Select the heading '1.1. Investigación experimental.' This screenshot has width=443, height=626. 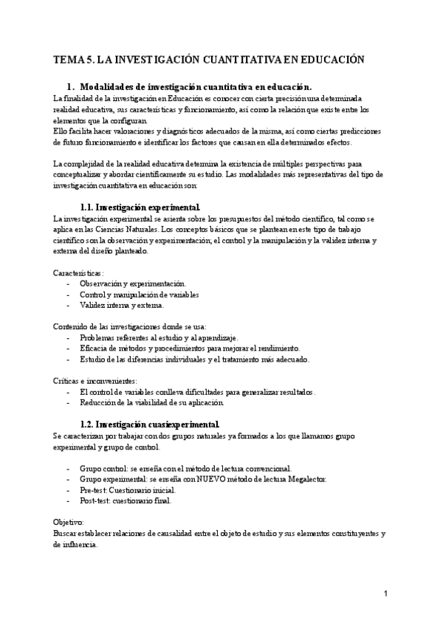(139, 207)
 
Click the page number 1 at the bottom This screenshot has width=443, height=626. (385, 594)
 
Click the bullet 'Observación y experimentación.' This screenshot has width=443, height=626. (133, 283)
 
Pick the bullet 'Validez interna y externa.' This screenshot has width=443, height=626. (123, 305)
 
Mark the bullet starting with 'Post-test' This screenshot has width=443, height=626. (126, 501)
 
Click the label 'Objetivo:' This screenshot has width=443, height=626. (69, 522)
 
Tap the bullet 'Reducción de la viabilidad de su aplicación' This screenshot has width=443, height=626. (156, 403)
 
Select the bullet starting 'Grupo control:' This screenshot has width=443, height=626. (185, 468)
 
